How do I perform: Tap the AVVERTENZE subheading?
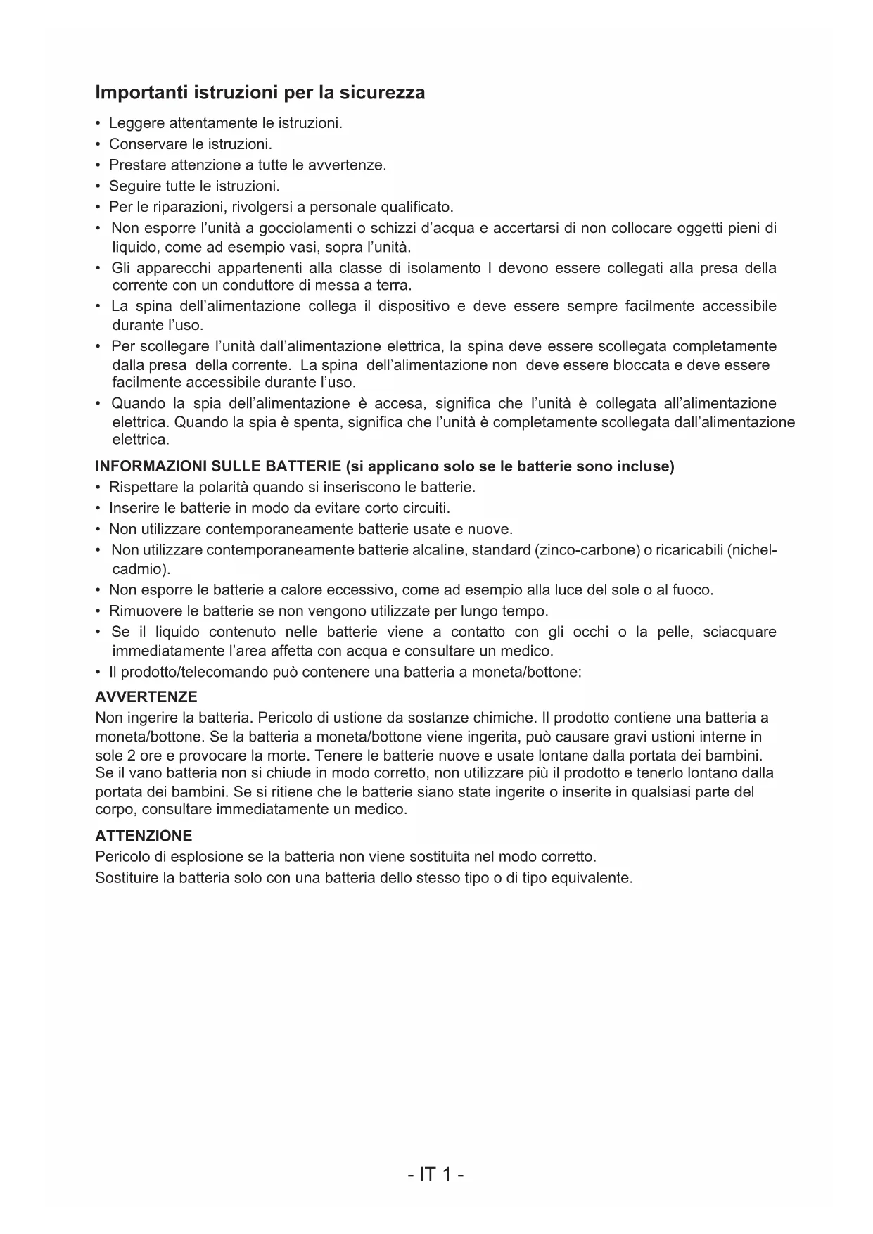coord(146,697)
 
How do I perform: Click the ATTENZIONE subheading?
coord(144,836)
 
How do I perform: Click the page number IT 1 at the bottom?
coord(436,1174)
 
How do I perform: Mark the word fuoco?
coord(692,590)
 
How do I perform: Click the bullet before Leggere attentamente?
coord(98,124)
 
